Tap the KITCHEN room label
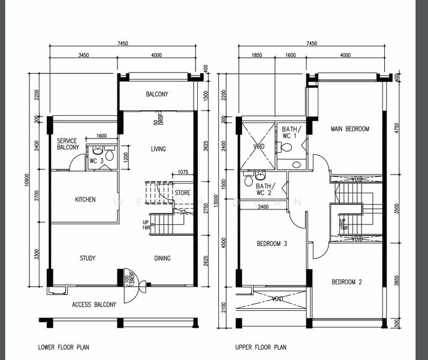click(85, 199)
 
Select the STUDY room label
click(88, 259)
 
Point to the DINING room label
click(162, 259)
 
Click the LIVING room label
click(158, 149)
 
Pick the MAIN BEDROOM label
click(349, 129)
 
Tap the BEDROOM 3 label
click(272, 244)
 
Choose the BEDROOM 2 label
click(348, 281)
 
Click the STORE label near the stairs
click(182, 193)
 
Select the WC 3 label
click(97, 161)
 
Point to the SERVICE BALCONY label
click(67, 144)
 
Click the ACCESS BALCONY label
click(94, 304)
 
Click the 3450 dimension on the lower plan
click(83, 55)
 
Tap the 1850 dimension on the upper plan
click(257, 55)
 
